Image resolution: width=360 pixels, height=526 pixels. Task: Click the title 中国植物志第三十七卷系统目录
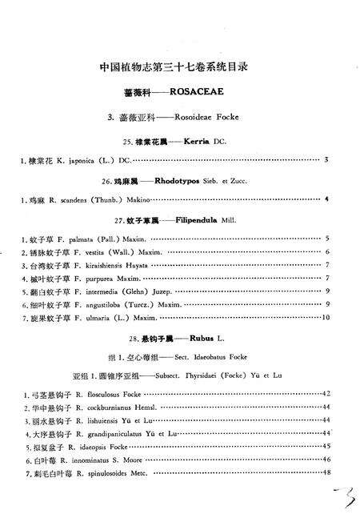[179, 67]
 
